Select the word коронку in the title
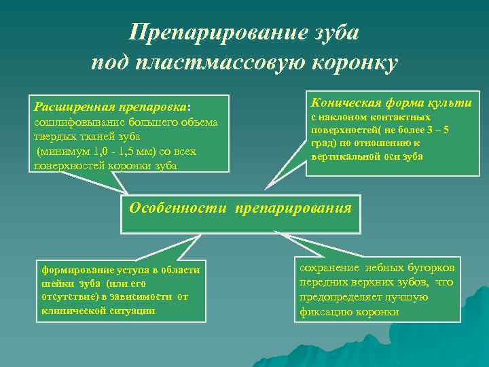(x=353, y=63)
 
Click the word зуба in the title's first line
(x=335, y=32)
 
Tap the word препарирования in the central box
(x=293, y=207)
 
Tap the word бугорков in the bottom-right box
(x=432, y=267)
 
